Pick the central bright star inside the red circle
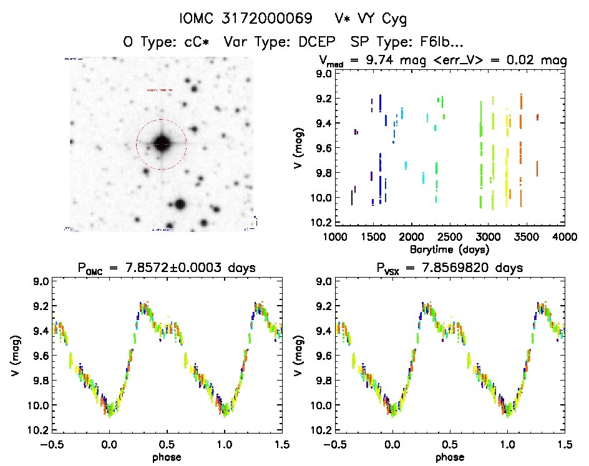coord(162,144)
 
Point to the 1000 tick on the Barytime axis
coord(334,236)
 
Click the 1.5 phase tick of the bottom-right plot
coord(565,444)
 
